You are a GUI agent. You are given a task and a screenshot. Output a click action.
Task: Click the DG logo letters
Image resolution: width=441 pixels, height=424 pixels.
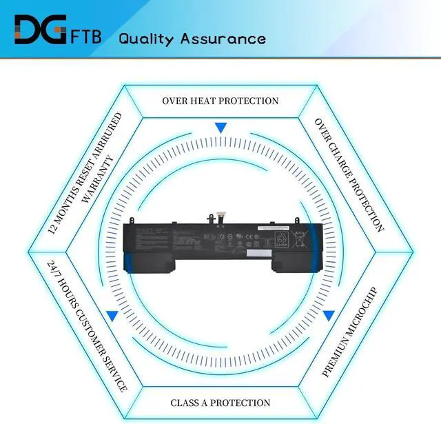pyautogui.click(x=40, y=31)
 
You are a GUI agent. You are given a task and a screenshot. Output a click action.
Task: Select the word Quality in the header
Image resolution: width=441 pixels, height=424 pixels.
pyautogui.click(x=147, y=39)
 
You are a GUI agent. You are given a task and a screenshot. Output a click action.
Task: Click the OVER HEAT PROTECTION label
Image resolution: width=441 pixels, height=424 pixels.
pyautogui.click(x=220, y=101)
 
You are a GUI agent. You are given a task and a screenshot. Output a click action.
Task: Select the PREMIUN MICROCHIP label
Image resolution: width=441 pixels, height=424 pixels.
pyautogui.click(x=349, y=331)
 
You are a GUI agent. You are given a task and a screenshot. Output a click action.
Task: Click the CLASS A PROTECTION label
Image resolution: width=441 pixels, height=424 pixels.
pyautogui.click(x=220, y=403)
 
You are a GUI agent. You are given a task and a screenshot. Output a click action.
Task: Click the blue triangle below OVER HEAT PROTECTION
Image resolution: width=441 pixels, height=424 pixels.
pyautogui.click(x=220, y=128)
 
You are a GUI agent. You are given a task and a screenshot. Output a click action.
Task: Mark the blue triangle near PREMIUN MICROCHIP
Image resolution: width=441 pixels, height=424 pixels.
pyautogui.click(x=329, y=316)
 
